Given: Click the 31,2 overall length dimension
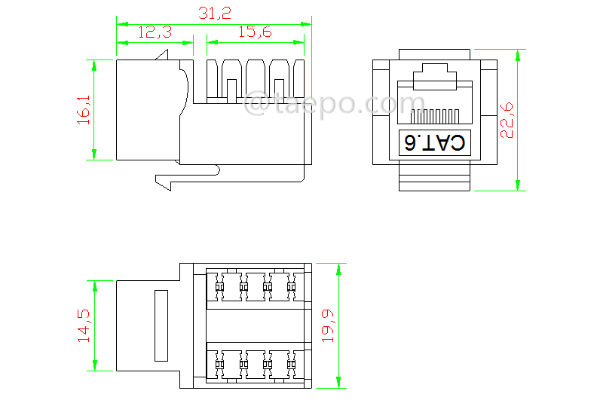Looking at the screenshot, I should [x=214, y=13].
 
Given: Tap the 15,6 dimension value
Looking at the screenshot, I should [x=256, y=32].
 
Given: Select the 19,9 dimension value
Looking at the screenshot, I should [x=327, y=325].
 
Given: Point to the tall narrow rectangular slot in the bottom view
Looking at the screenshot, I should [x=161, y=325].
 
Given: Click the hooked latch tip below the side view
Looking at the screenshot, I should [x=162, y=181].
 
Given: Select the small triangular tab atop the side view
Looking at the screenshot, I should [x=162, y=55].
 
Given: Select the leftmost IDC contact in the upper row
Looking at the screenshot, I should [x=219, y=286].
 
